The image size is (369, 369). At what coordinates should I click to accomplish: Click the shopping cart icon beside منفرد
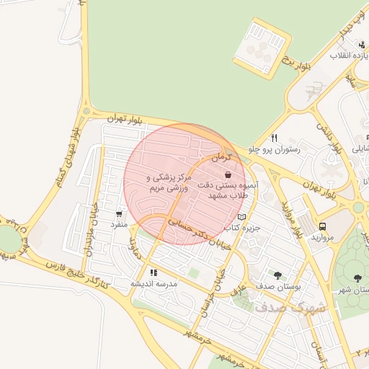coord(119,214)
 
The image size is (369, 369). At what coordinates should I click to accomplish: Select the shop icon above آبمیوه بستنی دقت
coord(228,174)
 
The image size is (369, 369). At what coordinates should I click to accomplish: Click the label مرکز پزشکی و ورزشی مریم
coord(170,182)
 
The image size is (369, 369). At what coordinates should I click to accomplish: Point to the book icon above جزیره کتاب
coord(241,216)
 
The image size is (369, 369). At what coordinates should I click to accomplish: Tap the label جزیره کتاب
coord(241,228)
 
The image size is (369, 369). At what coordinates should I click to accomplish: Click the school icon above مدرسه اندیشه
coord(153,273)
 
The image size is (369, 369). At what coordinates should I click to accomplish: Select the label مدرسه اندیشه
coord(154,284)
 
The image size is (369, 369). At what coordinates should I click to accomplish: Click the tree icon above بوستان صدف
coord(277,275)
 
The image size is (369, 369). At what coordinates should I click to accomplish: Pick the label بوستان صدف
coord(277,287)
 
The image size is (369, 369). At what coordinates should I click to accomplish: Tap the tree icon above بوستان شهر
coord(358,277)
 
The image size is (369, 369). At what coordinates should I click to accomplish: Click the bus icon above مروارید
coord(322,226)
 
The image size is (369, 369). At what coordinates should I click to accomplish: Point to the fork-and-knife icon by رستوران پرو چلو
coord(274,138)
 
